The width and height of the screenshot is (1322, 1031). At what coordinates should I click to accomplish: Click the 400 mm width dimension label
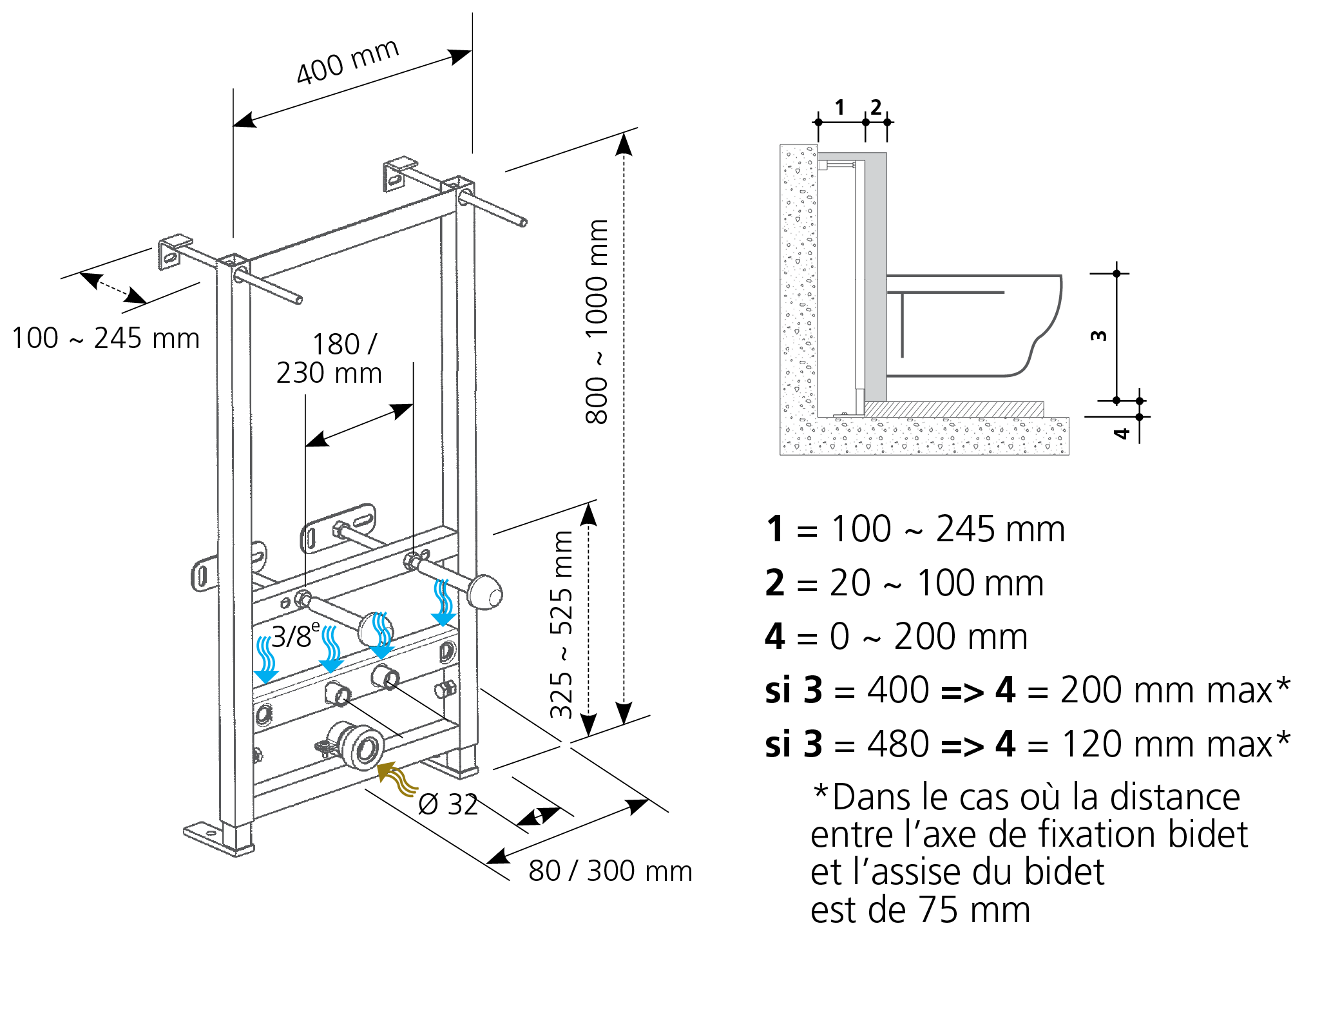point(348,62)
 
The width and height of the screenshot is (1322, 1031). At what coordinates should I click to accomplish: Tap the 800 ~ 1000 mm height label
point(597,322)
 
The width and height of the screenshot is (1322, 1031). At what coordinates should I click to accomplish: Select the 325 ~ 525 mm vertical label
point(561,624)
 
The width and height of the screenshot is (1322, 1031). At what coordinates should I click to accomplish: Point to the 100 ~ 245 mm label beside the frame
point(106,338)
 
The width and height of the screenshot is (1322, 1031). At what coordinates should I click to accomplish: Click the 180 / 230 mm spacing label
point(330,359)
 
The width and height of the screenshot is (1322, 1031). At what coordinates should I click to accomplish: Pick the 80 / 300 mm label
point(610,871)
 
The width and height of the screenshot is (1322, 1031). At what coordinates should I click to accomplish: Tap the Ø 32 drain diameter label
point(448,804)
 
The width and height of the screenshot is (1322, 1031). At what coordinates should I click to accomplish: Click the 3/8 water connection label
point(295,636)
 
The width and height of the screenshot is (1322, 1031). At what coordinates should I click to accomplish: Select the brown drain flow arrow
point(396,778)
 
